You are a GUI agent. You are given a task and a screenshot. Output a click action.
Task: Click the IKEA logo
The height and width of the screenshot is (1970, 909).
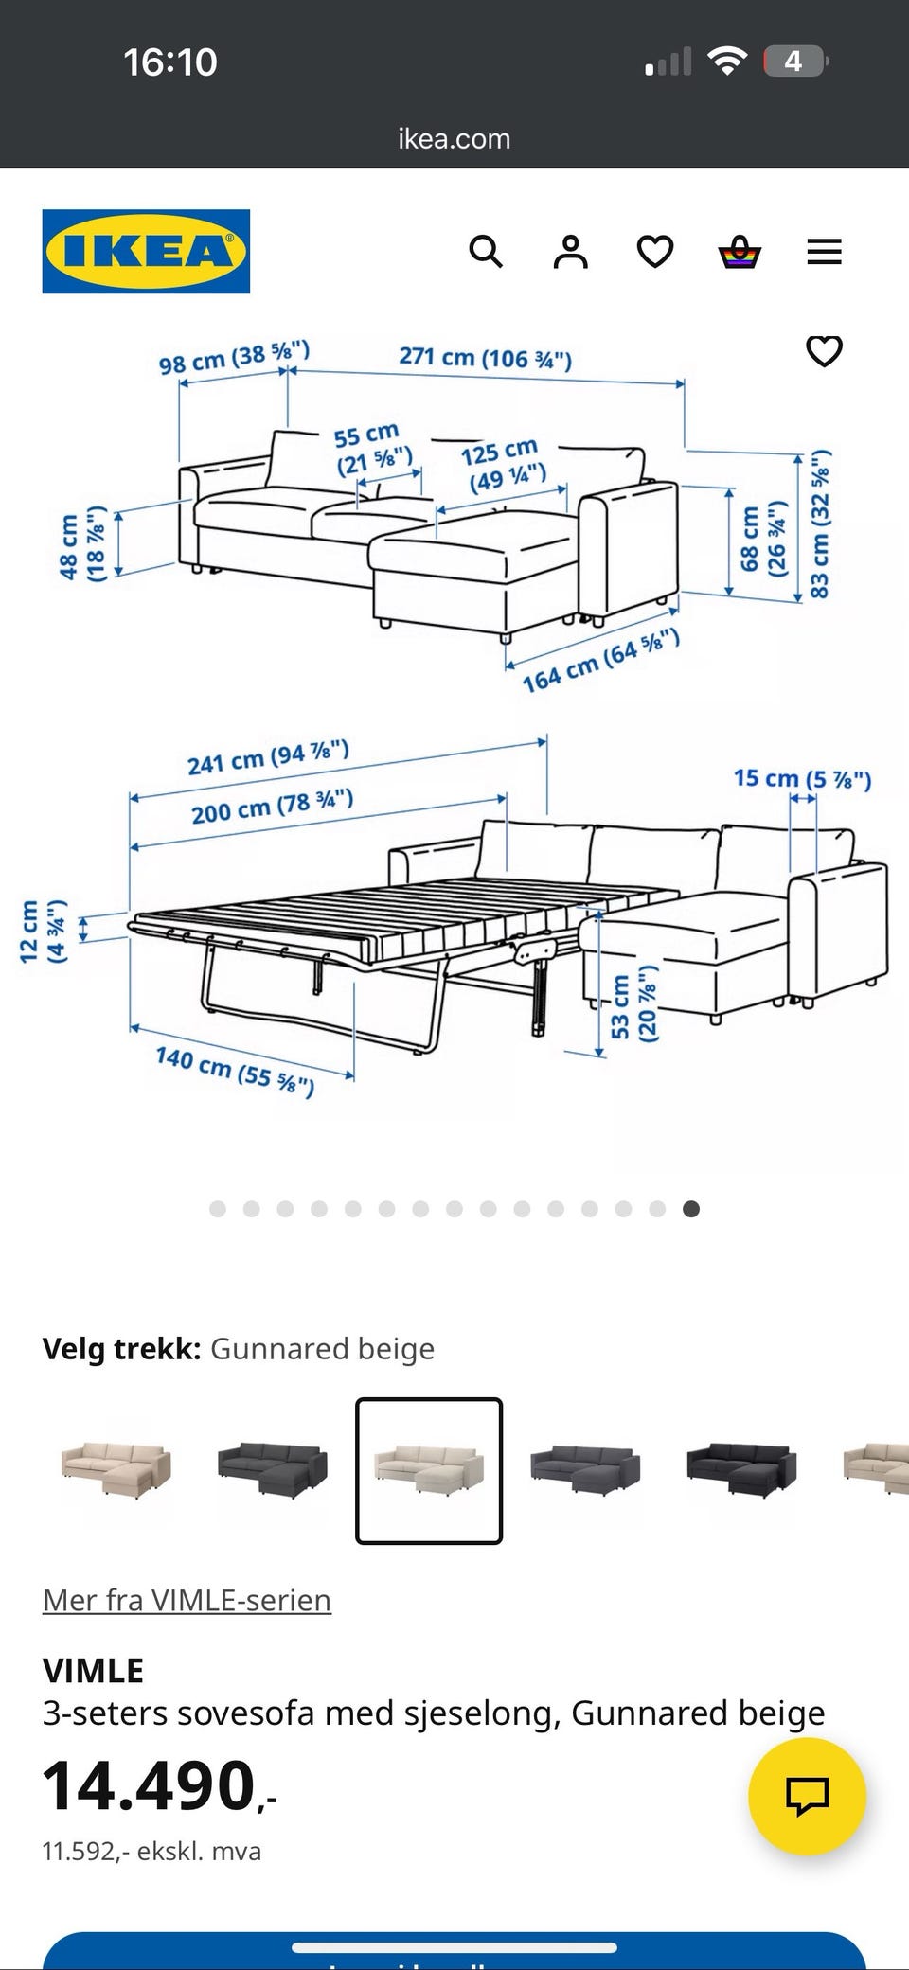coord(146,252)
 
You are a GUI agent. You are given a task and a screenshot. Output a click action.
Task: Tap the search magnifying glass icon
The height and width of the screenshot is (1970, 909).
coord(486,252)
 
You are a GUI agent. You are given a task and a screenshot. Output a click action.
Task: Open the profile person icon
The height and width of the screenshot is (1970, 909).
coord(570,252)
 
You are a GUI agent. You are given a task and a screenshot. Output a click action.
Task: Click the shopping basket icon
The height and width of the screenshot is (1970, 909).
coord(740,252)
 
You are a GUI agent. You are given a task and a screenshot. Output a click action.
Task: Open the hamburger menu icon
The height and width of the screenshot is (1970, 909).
coord(824,252)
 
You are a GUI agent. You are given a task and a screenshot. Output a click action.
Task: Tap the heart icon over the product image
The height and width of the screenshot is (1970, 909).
coord(824,351)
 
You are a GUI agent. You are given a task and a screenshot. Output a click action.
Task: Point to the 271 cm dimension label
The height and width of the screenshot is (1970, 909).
coord(485,358)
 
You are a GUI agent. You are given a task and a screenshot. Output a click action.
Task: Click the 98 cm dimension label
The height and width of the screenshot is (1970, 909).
coord(234,358)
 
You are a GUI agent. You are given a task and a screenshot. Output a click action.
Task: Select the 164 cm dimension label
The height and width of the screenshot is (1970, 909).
coord(600,660)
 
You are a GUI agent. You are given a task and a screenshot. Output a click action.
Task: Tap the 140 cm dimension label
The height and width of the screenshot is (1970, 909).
coord(235,1070)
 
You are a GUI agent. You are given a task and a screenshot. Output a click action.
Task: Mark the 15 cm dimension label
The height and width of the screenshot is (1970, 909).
coord(802,779)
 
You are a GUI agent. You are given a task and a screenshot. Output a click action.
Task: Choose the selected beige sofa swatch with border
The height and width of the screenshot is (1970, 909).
coord(429,1470)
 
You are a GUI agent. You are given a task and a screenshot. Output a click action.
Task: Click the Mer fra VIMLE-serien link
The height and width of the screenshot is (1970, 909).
coord(187,1600)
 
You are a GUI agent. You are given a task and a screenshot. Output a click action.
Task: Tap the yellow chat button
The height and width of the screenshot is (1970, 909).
coord(807,1796)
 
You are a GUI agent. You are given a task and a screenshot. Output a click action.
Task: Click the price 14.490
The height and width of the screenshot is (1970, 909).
coord(151,1786)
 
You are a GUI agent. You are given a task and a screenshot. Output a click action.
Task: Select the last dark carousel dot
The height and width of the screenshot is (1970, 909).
coord(691,1209)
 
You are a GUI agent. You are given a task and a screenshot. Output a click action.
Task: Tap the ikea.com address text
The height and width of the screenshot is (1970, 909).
coord(454,139)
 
